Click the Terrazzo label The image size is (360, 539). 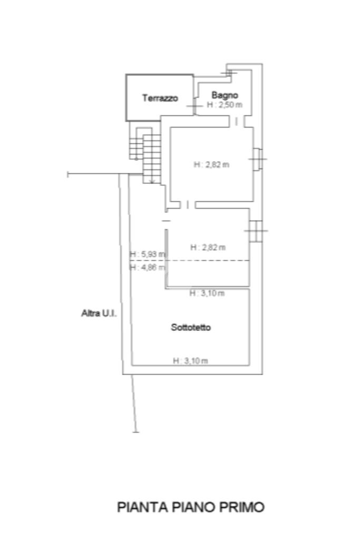pyautogui.click(x=160, y=98)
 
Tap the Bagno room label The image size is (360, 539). pyautogui.click(x=225, y=95)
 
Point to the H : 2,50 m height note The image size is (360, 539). pyautogui.click(x=225, y=105)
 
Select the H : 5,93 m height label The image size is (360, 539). pyautogui.click(x=148, y=254)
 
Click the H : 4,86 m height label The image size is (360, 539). pyautogui.click(x=148, y=267)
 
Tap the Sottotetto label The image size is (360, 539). pyautogui.click(x=191, y=327)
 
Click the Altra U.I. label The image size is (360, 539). pyautogui.click(x=99, y=313)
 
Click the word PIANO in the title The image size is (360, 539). pyautogui.click(x=190, y=507)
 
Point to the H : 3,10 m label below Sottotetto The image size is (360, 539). pyautogui.click(x=190, y=361)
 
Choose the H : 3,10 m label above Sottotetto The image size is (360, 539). pyautogui.click(x=207, y=293)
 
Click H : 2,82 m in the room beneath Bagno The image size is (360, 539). pyautogui.click(x=211, y=164)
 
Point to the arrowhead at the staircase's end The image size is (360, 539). pyautogui.click(x=152, y=182)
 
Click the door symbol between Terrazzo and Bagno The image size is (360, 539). pyautogui.click(x=194, y=107)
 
